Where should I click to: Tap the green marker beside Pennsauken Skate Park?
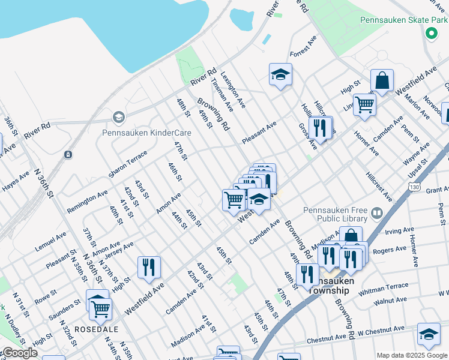[x=430, y=34]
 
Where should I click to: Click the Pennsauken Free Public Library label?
[x=336, y=214]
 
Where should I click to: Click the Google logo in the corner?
[x=19, y=353]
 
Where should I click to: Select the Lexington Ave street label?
[x=233, y=90]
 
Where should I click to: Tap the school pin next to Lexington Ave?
[x=280, y=74]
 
